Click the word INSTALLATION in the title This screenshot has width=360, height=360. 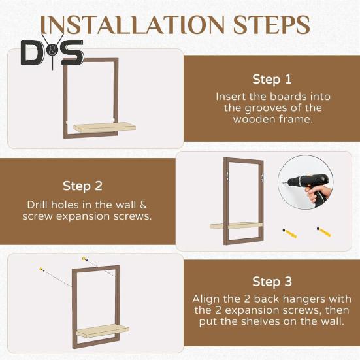tap(133, 25)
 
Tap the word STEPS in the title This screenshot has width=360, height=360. tap(272, 25)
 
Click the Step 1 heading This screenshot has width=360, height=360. tap(272, 80)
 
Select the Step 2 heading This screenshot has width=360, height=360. tap(82, 186)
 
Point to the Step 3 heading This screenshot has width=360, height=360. tap(272, 282)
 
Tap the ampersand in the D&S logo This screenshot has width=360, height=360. tap(53, 52)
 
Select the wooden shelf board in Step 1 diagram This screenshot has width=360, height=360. tap(105, 127)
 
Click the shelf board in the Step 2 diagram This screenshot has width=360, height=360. tap(236, 225)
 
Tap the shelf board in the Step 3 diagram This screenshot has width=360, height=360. tap(103, 331)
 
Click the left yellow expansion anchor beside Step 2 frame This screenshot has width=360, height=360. tap(289, 233)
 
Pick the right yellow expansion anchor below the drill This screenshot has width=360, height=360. tap(323, 232)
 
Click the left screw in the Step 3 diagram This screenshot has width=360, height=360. tap(42, 269)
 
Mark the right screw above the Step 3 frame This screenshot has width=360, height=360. tap(85, 259)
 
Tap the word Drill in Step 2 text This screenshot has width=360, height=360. tap(37, 205)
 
